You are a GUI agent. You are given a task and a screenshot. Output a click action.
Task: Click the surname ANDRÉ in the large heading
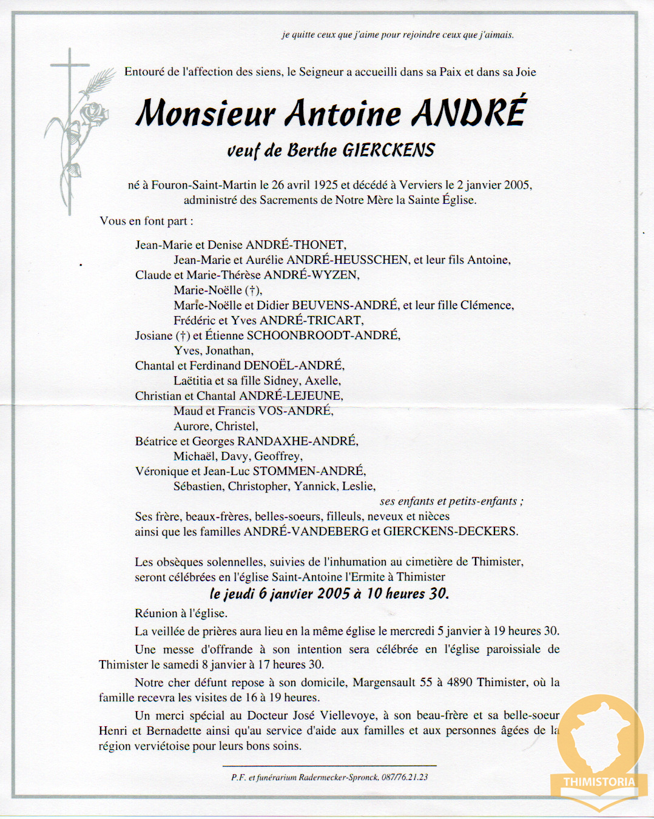469,113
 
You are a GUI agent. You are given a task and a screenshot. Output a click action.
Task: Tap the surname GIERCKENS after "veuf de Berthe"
388,150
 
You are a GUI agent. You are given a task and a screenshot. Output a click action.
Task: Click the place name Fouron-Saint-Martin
204,185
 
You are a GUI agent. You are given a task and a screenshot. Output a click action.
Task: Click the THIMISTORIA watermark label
599,782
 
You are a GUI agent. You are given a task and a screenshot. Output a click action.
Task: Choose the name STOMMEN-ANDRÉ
308,471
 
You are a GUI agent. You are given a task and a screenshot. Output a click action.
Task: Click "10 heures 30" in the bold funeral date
407,593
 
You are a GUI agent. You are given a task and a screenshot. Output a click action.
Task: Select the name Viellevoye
348,715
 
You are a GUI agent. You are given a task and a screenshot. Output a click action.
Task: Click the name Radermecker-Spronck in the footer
338,777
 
